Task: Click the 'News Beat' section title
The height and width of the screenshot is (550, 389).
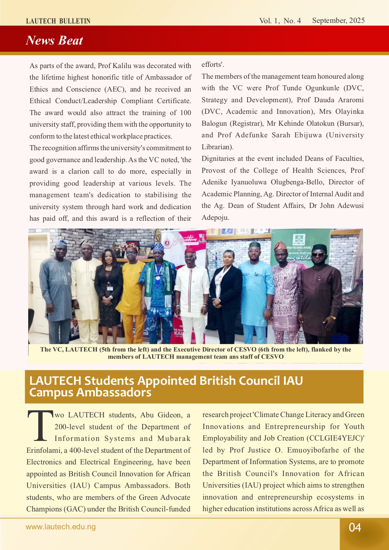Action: (x=54, y=40)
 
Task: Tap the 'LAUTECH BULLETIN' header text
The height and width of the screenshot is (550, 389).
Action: (x=58, y=21)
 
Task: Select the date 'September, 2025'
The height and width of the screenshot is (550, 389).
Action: (x=338, y=20)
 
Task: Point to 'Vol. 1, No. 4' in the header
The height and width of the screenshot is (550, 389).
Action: (x=280, y=21)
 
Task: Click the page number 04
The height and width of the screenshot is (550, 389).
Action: (x=355, y=527)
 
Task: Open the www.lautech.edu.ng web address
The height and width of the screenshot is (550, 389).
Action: (x=60, y=527)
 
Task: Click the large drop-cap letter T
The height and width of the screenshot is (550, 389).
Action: (x=40, y=426)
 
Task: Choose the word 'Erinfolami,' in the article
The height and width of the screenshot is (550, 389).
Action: (x=44, y=451)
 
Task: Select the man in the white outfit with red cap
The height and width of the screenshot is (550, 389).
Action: (x=191, y=288)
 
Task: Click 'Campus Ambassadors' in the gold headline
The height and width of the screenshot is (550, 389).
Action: (x=90, y=393)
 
